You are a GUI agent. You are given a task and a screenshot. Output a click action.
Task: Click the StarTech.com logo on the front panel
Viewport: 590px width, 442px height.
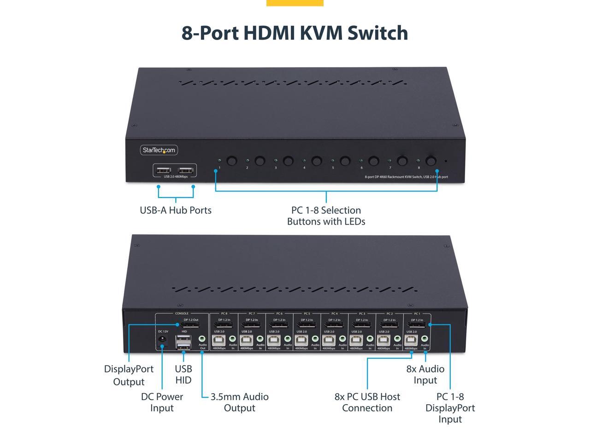[x=159, y=150]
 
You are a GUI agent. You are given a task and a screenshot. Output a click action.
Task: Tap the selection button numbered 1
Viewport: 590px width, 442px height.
[x=232, y=161]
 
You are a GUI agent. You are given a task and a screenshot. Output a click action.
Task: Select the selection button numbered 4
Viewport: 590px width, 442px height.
[x=317, y=161]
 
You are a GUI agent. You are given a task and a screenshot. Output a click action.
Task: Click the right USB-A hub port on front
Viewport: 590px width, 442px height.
[x=186, y=170]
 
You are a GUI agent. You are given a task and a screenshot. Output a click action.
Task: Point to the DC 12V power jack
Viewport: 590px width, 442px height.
[x=162, y=340]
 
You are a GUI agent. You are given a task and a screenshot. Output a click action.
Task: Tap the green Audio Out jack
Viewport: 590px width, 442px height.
[x=202, y=339]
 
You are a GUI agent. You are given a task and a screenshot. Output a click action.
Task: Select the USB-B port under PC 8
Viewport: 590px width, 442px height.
[x=218, y=340]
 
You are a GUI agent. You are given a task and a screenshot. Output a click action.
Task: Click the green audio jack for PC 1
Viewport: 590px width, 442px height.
[x=424, y=339]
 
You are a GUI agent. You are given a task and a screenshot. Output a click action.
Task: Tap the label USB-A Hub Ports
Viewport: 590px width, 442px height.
[x=176, y=210]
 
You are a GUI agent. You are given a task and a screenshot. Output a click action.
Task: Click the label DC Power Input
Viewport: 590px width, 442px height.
[x=162, y=402]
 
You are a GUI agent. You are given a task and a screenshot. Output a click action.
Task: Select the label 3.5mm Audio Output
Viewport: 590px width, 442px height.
[x=239, y=402]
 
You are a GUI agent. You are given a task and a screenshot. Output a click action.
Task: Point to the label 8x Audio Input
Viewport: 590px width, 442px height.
[x=425, y=374]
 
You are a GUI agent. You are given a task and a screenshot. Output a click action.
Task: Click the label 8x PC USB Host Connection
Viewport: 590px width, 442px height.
[x=367, y=402]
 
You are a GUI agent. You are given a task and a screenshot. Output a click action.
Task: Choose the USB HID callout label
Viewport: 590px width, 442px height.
[x=183, y=374]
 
